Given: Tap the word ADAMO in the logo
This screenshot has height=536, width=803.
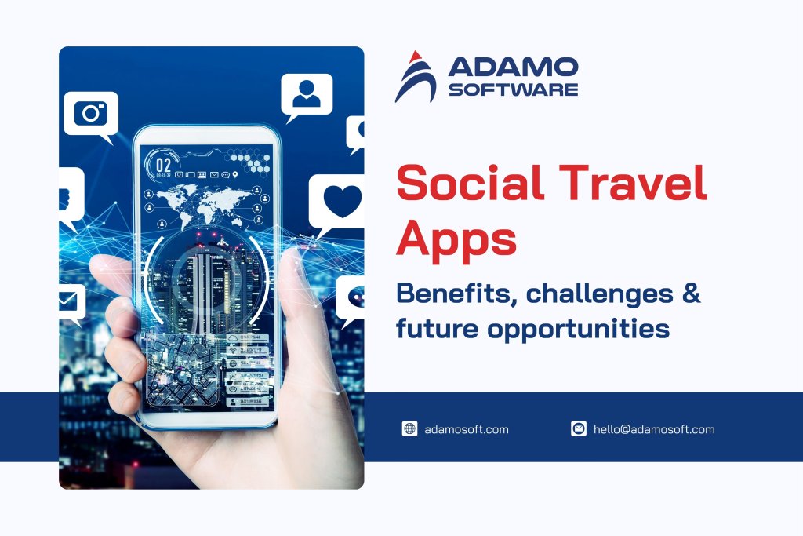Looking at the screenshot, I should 513,67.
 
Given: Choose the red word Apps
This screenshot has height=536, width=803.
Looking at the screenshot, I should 456,238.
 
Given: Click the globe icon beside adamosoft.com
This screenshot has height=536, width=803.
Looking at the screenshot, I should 409,428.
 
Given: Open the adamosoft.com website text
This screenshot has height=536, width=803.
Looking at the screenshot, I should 467,429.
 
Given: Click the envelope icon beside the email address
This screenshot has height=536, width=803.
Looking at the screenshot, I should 579,428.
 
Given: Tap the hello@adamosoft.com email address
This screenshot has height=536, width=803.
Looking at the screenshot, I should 654,429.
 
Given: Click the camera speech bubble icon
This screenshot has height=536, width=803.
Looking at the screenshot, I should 91,114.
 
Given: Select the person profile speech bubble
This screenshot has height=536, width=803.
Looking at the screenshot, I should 306,95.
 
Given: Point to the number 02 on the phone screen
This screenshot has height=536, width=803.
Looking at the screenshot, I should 163,165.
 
